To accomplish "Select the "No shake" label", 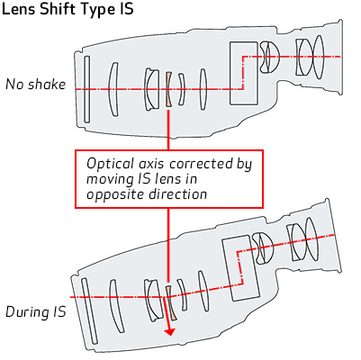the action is coord(36,85).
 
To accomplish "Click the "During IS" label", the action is coord(36,312).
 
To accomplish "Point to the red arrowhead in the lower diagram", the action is coord(170,331).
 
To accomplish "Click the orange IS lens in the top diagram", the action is coord(168,89).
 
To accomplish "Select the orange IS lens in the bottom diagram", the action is coord(171,302).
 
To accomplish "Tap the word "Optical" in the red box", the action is coord(110,164).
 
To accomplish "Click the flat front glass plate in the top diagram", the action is coord(86,89).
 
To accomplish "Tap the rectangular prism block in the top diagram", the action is coord(244,73).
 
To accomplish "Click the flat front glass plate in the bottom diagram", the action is coord(89,311).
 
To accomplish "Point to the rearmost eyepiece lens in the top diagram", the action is coord(319,57).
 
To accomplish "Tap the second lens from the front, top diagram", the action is coord(113,89).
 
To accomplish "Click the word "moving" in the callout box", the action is coord(110,179).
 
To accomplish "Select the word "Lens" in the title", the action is coord(19,9).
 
